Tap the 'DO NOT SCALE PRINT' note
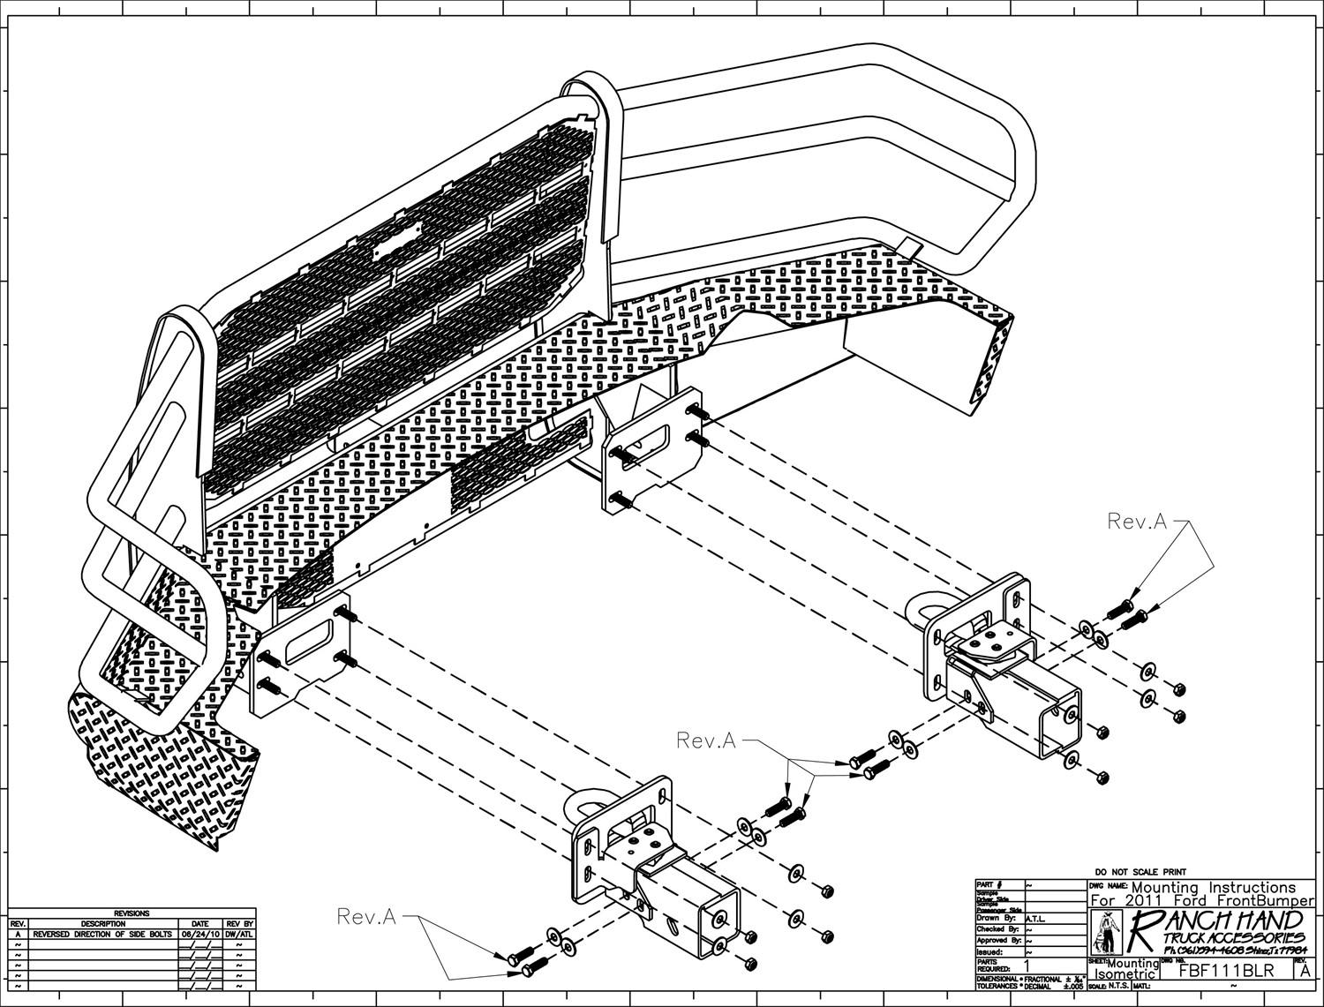1139,872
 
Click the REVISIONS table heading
132,913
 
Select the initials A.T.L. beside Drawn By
1036,917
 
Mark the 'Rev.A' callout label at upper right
1136,522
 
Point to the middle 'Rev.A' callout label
705,740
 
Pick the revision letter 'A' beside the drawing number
1305,971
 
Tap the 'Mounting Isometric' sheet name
1125,969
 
